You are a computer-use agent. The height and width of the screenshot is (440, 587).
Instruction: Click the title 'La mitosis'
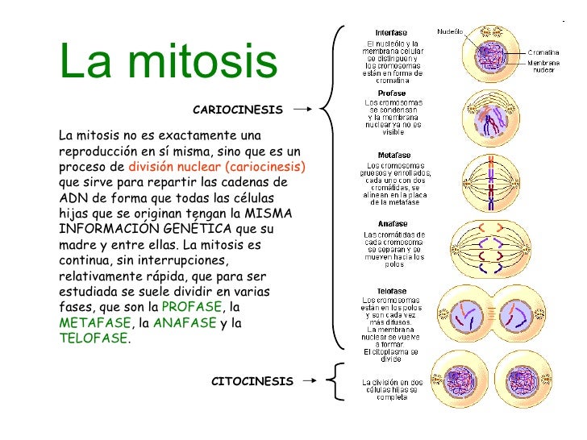click(x=168, y=62)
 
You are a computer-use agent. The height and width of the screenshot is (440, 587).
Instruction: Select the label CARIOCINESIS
click(x=238, y=109)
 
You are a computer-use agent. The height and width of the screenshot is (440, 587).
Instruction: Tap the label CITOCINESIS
click(x=252, y=381)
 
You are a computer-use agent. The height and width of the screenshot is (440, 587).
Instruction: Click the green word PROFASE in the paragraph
click(x=190, y=308)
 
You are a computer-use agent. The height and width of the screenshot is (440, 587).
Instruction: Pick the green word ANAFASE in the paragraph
click(x=184, y=323)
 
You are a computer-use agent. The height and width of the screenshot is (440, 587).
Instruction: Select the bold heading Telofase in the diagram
click(x=391, y=291)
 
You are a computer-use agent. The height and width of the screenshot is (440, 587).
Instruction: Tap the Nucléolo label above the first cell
click(x=449, y=31)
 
